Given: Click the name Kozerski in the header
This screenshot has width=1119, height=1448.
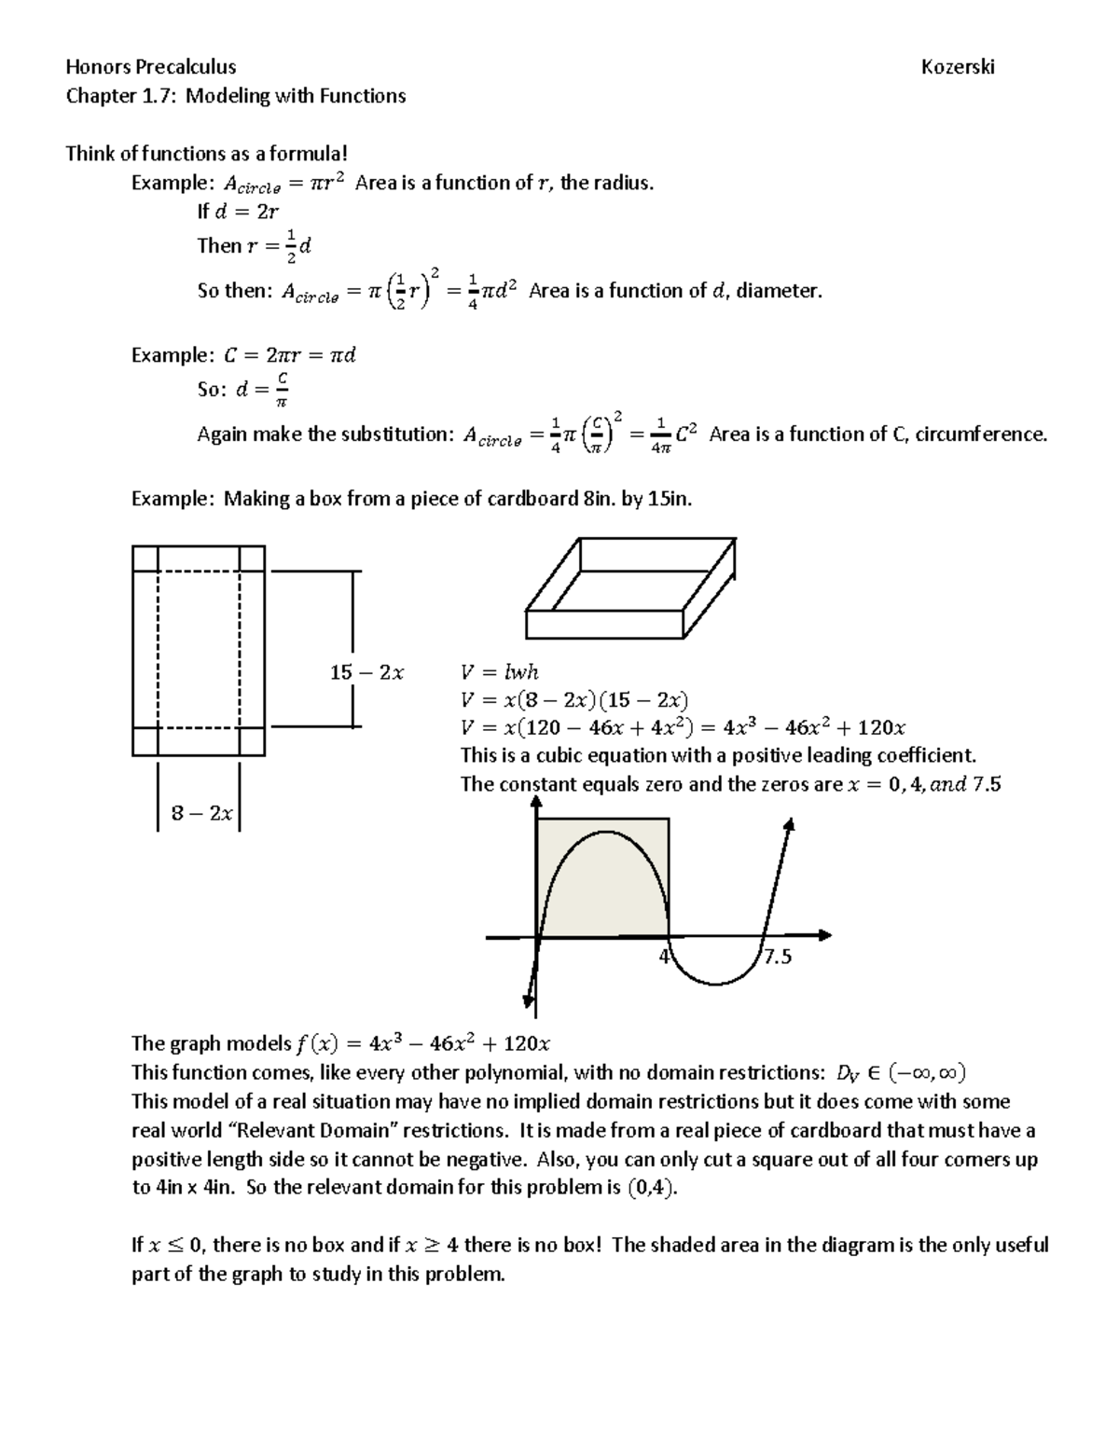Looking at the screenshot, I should [958, 67].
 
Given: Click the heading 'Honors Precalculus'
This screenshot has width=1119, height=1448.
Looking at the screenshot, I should [150, 67].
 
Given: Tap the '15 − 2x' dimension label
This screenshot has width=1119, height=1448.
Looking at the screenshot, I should [366, 672].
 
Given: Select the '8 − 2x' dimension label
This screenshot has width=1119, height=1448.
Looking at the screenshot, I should [201, 813].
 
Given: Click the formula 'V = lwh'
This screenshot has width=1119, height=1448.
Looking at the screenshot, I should [499, 672].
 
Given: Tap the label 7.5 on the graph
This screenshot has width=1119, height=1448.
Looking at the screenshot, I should [777, 957].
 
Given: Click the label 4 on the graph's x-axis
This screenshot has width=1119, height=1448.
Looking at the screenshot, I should [664, 956].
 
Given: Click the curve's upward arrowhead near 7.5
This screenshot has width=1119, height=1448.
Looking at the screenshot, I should [790, 825].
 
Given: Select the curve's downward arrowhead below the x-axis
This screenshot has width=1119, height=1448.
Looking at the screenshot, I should [529, 1000].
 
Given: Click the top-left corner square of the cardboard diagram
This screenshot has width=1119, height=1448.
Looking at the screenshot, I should [145, 558].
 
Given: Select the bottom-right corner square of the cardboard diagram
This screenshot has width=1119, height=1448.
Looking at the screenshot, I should [252, 741].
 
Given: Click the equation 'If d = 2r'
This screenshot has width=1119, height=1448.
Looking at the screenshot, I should [238, 212].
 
